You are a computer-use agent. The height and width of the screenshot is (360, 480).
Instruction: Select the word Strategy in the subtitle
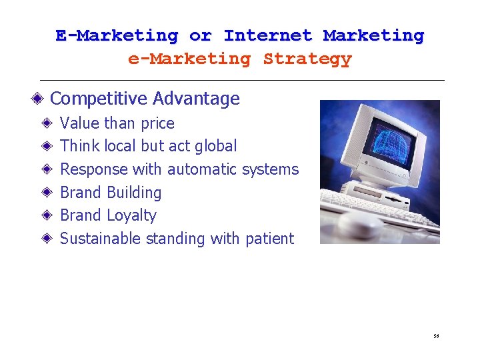[307, 59]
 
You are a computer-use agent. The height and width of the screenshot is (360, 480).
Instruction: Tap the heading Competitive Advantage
[145, 99]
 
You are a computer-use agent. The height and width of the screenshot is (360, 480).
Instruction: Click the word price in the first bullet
[157, 124]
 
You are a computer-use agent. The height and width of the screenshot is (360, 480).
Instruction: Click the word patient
[269, 239]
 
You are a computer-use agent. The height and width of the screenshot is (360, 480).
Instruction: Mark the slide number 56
[435, 337]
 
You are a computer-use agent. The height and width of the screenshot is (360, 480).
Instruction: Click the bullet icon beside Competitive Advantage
[41, 99]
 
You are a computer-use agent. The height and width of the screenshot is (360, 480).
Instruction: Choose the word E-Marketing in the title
[117, 35]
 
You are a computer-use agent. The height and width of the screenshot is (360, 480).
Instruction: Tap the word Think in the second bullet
[80, 146]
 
